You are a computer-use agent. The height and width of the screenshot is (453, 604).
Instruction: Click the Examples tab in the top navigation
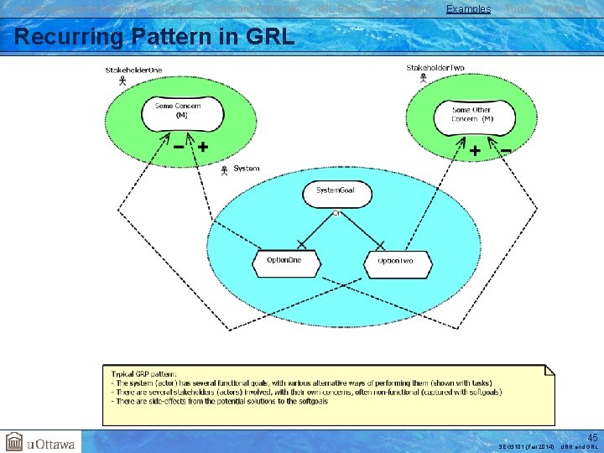[468, 8]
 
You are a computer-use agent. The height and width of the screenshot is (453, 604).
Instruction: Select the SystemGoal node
[335, 193]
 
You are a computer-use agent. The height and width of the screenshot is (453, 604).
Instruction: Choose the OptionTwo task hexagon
[398, 263]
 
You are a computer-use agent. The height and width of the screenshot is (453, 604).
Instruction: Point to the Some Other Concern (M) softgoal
[472, 115]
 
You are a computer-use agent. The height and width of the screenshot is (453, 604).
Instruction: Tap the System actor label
[247, 169]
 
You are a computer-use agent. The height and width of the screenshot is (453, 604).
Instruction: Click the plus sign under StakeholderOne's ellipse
[203, 146]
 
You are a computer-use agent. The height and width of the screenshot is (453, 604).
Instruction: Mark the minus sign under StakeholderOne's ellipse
[179, 146]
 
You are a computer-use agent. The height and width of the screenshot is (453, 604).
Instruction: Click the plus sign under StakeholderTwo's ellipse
[475, 151]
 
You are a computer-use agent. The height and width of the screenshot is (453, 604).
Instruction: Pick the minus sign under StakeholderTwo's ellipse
[504, 150]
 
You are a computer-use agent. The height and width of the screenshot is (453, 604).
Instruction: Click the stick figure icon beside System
[224, 171]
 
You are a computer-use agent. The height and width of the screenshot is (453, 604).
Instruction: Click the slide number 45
[592, 436]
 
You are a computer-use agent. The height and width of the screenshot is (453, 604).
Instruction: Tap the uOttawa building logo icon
[14, 442]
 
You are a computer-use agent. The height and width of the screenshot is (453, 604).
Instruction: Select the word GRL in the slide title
[271, 37]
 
